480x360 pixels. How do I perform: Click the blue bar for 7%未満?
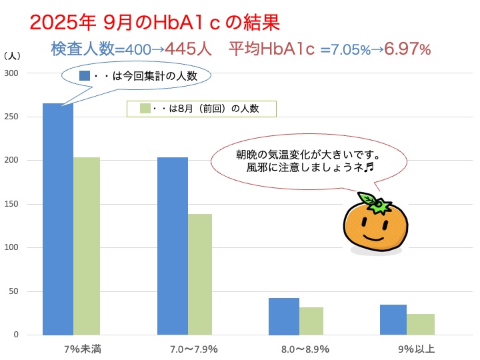pyautogui.click(x=58, y=220)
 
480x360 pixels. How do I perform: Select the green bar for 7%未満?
pyautogui.click(x=86, y=246)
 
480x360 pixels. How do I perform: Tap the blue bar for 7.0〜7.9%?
pyautogui.click(x=173, y=246)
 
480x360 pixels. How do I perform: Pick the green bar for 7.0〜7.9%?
pyautogui.click(x=200, y=274)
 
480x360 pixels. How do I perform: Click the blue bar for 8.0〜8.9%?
pyautogui.click(x=284, y=316)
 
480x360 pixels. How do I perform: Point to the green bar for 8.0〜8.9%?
pyautogui.click(x=311, y=321)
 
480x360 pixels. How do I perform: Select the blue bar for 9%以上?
pyautogui.click(x=393, y=319)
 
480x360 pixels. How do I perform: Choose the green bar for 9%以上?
pyautogui.click(x=421, y=324)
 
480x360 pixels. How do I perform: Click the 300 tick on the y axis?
pyautogui.click(x=13, y=73)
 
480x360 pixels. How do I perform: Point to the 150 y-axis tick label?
pyautogui.click(x=13, y=204)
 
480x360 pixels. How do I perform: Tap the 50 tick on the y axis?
pyautogui.click(x=15, y=291)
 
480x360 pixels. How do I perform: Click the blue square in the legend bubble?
pyautogui.click(x=84, y=75)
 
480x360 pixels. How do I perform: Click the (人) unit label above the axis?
pyautogui.click(x=13, y=56)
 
